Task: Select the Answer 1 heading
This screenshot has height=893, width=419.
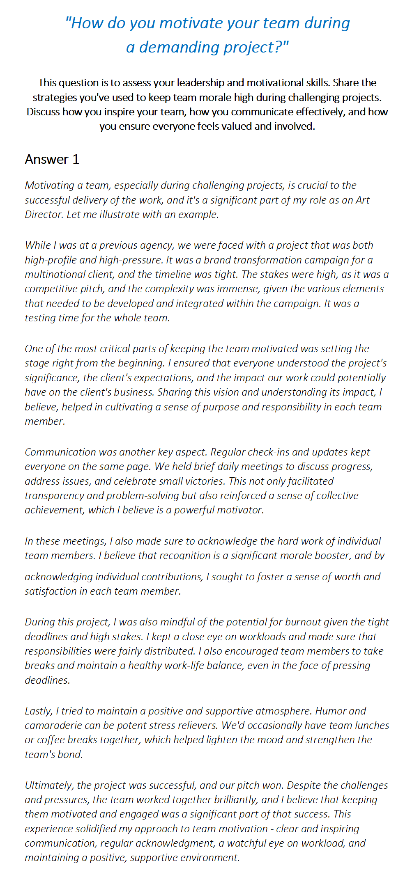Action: [x=52, y=159]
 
